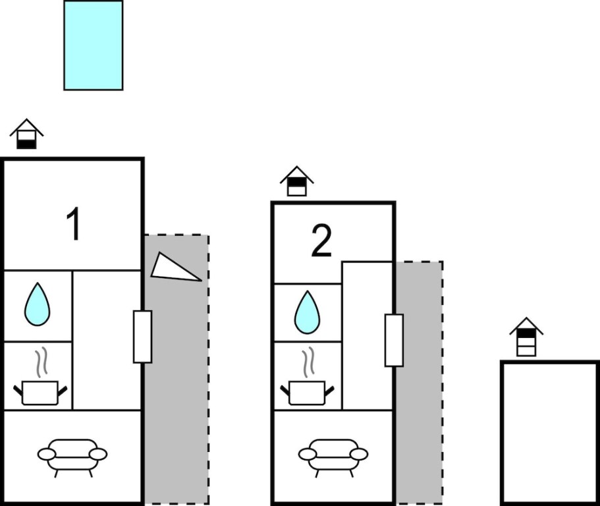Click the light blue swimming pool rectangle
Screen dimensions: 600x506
pos(94,45)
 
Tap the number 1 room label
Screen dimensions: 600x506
pos(74,224)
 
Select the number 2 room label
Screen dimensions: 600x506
pos(321,240)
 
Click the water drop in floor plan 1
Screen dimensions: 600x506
pos(38,304)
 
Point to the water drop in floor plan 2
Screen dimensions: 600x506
pos(308,312)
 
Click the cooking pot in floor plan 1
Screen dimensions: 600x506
pos(40,392)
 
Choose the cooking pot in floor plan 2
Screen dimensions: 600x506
pos(308,392)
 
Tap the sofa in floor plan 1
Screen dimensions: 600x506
pos(72,455)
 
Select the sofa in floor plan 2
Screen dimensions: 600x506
pos(333,455)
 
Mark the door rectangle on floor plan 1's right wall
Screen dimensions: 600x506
pos(142,337)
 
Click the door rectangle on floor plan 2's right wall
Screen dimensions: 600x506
pos(394,340)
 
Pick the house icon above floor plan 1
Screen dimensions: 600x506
pos(26,134)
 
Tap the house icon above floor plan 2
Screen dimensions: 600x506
pos(296,181)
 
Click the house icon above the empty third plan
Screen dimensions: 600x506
pos(526,337)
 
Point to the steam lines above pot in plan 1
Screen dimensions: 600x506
pos(42,360)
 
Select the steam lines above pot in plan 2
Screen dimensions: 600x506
pos(308,360)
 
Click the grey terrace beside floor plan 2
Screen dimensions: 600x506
pos(420,383)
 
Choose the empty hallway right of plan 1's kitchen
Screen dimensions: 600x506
pos(107,340)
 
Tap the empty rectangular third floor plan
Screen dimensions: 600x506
pos(550,432)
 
